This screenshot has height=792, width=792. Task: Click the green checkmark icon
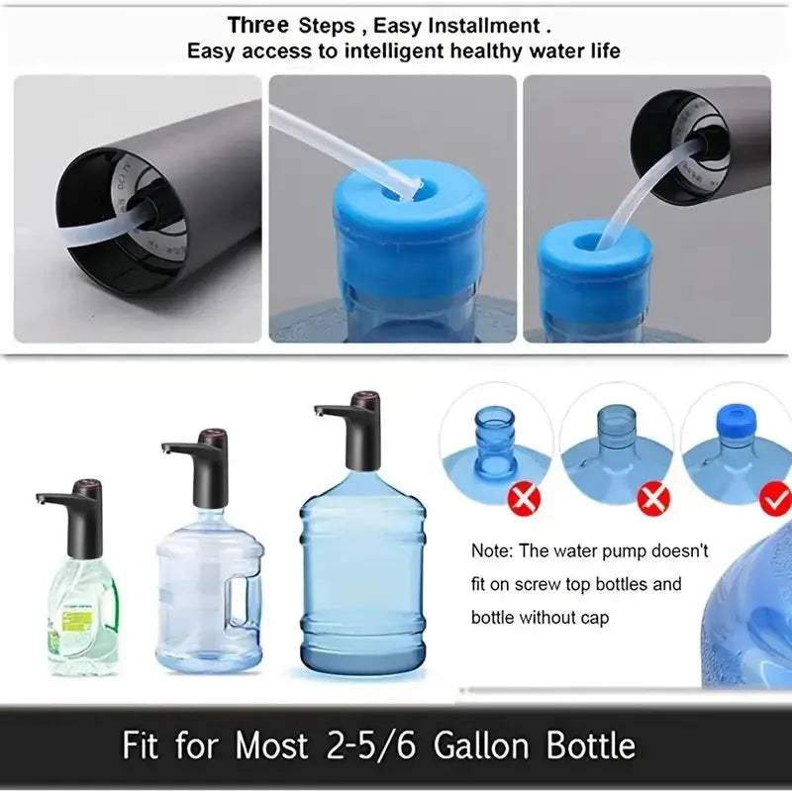tap(775, 500)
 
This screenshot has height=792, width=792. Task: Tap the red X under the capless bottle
tap(653, 500)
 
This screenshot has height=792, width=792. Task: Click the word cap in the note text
tap(590, 618)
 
